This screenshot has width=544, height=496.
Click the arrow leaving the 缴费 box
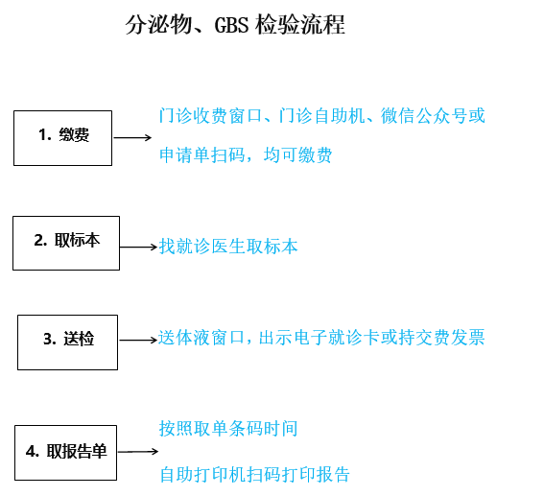tap(132, 138)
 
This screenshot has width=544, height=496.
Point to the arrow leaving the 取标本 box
tap(139, 247)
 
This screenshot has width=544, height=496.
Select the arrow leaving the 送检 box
tap(138, 340)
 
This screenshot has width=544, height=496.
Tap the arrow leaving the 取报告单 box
tap(138, 451)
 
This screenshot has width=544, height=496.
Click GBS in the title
tap(231, 25)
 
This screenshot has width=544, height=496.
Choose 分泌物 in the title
tap(158, 25)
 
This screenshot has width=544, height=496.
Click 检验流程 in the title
tap(300, 25)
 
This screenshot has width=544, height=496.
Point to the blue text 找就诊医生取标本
tap(228, 247)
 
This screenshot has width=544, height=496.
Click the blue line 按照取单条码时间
tap(228, 428)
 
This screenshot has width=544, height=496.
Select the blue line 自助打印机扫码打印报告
tap(254, 474)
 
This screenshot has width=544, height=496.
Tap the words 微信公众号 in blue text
tap(424, 115)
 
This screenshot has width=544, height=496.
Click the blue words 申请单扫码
tap(202, 154)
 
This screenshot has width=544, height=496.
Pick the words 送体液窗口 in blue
tap(201, 337)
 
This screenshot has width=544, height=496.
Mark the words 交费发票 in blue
tap(450, 337)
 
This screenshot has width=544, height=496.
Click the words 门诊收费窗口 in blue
tap(210, 115)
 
